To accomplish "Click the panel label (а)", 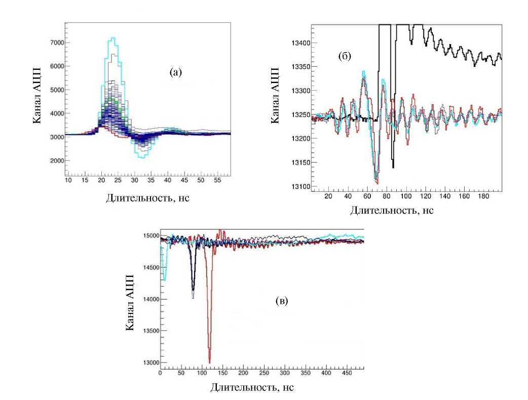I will (175, 72).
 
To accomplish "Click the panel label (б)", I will (345, 56).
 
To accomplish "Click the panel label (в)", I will (282, 301).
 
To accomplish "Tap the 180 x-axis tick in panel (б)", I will (491, 196).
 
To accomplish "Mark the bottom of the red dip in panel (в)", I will (209, 362).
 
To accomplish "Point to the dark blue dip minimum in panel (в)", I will (193, 298).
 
